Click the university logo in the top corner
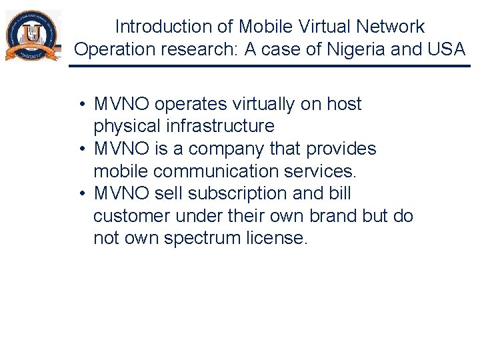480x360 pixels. click(x=32, y=36)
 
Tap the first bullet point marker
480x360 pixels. click(x=79, y=105)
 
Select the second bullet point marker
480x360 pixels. click(x=79, y=149)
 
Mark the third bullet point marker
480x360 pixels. click(x=79, y=194)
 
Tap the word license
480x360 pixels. click(x=279, y=239)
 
